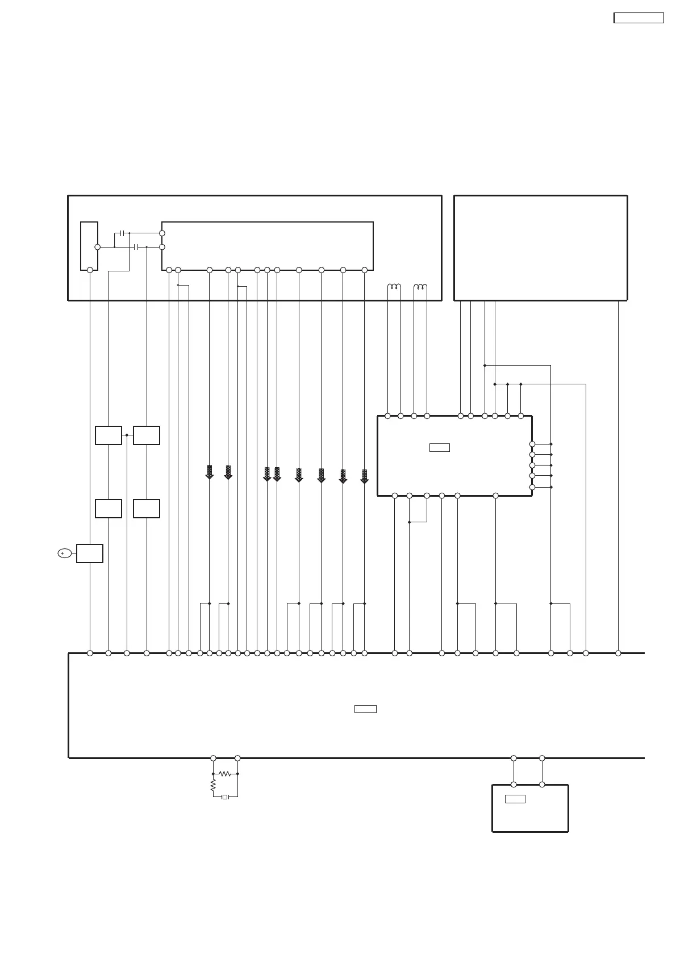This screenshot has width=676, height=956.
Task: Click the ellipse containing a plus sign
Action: [65, 553]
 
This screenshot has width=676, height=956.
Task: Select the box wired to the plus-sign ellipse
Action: [90, 553]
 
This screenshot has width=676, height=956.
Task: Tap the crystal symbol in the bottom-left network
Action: [225, 796]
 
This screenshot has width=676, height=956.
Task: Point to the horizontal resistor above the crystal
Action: [225, 773]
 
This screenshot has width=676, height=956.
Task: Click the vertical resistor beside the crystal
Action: [213, 785]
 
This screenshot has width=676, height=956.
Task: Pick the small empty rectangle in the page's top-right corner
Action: [639, 18]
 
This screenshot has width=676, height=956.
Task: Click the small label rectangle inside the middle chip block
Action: [439, 447]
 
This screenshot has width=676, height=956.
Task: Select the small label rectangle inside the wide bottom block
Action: [365, 708]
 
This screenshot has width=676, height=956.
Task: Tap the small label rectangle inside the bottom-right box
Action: [515, 799]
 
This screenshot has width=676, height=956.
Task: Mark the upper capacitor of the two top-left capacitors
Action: [122, 233]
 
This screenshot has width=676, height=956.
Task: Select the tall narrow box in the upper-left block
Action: [89, 246]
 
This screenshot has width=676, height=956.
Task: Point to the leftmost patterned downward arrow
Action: [209, 472]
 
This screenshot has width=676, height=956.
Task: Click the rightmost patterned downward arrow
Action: [365, 476]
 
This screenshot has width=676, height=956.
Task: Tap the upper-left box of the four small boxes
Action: [108, 435]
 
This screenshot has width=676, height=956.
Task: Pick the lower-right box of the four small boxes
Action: [146, 508]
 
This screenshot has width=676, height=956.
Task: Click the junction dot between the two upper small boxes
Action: [127, 435]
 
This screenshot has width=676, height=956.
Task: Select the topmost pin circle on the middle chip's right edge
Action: [532, 444]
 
